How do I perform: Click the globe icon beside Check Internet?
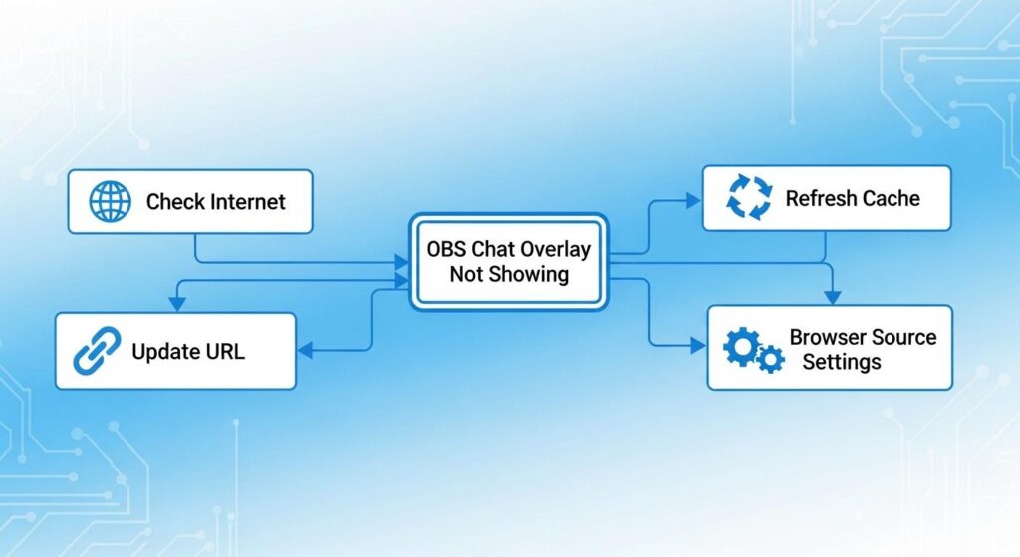[x=110, y=201]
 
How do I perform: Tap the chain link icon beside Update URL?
[x=97, y=351]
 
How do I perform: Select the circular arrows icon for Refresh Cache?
[x=749, y=197]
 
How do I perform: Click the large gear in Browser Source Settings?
[x=741, y=346]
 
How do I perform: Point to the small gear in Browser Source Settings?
[x=770, y=358]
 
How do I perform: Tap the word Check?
[x=175, y=202]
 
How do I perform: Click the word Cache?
[x=890, y=198]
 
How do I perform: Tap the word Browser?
[x=827, y=337]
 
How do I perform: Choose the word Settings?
[x=842, y=361]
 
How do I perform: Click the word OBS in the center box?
[x=445, y=248]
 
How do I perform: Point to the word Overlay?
[x=556, y=248]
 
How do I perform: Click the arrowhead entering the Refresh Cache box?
[x=694, y=199]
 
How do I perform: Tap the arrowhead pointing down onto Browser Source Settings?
[x=833, y=297]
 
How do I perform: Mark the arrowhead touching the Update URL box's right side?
[x=305, y=350]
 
